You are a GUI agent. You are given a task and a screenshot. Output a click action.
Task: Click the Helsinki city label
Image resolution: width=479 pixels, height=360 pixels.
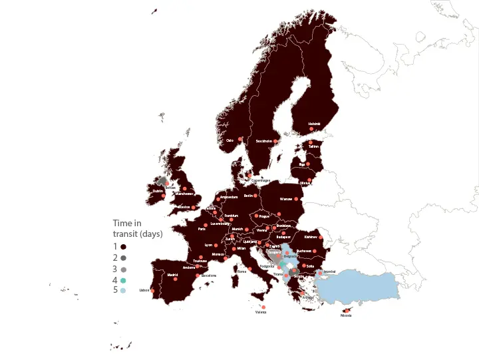(314, 124)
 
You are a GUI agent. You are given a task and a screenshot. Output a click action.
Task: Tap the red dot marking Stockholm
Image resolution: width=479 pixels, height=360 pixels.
(275, 141)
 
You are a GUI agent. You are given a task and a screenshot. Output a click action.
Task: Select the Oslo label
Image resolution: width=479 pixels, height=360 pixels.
(230, 140)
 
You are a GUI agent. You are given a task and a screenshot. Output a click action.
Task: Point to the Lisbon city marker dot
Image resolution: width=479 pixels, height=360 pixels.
(152, 290)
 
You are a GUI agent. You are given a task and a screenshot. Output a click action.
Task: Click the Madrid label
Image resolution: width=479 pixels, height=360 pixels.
(172, 275)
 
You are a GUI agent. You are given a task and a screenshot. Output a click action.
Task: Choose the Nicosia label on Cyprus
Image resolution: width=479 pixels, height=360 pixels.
(345, 315)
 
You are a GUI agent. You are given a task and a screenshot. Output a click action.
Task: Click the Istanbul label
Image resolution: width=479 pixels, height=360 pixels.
(329, 271)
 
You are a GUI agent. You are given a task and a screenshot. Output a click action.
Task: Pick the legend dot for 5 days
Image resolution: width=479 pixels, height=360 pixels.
(123, 291)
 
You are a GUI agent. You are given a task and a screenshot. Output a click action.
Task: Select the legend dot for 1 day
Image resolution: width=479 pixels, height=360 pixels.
(123, 246)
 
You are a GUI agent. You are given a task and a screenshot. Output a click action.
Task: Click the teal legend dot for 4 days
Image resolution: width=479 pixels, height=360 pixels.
(123, 280)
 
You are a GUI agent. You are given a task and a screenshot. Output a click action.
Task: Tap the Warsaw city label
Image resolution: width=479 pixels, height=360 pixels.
(286, 198)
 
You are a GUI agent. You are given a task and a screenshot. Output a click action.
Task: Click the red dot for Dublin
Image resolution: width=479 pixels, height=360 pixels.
(163, 196)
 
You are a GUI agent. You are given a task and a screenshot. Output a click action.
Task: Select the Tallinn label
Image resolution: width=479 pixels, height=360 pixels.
(314, 146)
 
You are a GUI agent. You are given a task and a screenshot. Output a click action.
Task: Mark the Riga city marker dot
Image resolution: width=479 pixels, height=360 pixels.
(309, 164)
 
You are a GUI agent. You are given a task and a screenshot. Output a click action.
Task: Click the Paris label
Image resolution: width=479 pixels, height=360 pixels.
(202, 229)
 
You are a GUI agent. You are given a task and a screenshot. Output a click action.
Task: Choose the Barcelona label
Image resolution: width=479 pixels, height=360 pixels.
(209, 275)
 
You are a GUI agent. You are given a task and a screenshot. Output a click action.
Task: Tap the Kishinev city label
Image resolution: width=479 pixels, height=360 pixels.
(310, 237)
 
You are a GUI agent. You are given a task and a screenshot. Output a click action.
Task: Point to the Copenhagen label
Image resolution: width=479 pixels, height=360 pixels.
(261, 180)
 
